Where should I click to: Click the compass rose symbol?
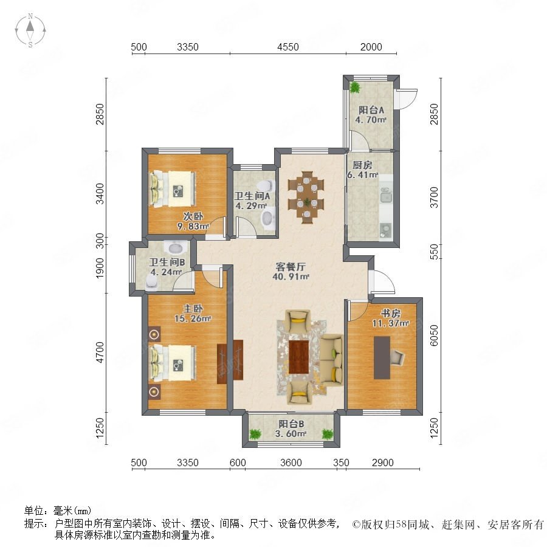[x=30, y=30]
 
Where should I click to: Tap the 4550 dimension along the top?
[x=288, y=47]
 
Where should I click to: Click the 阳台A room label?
[x=371, y=110]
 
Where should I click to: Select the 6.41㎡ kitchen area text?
[x=362, y=175]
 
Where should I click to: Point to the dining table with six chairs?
[x=306, y=197]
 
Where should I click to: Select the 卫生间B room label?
[x=167, y=262]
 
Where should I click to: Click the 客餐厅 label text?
[x=291, y=267]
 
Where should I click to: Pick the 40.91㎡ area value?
[x=291, y=277]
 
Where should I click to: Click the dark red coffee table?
[x=298, y=357]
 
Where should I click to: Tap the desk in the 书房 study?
[x=382, y=357]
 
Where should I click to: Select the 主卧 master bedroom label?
[x=193, y=309]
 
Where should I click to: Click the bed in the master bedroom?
[x=173, y=363]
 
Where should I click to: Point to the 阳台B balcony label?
[x=291, y=424]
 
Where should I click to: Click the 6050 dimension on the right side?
[x=433, y=335]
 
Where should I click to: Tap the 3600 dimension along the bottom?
[x=291, y=463]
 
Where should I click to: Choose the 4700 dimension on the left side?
[x=100, y=353]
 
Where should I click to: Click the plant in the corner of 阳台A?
[x=355, y=87]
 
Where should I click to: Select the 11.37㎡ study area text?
[x=390, y=323]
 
